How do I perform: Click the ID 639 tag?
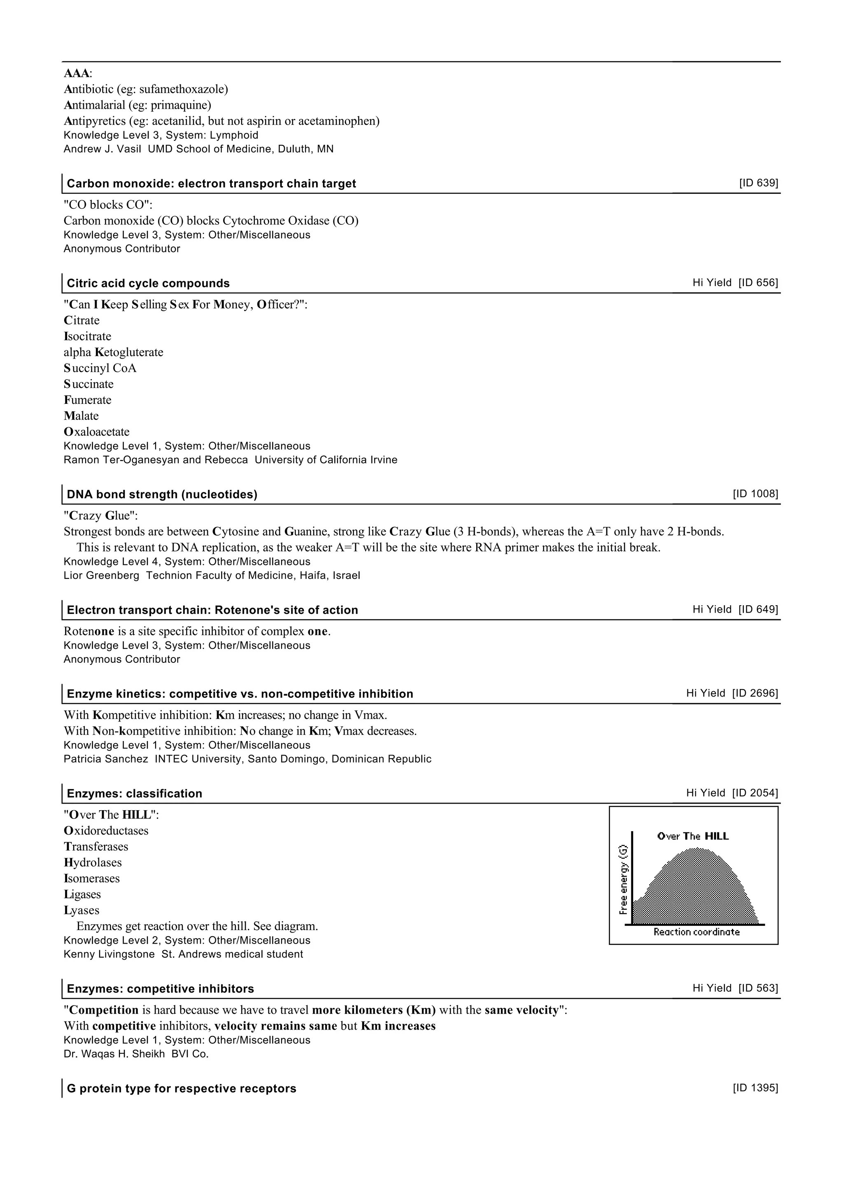click(758, 183)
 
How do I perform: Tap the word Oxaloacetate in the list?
click(97, 432)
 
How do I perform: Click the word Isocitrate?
click(87, 336)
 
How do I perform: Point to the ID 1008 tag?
click(755, 494)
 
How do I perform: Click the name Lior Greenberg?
click(101, 576)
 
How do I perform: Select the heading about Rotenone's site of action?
click(212, 610)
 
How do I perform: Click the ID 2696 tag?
click(755, 693)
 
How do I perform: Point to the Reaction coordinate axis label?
click(696, 932)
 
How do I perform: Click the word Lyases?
click(82, 911)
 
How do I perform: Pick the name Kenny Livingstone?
click(109, 954)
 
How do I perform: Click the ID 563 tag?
click(758, 988)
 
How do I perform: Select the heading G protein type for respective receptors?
click(181, 1089)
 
